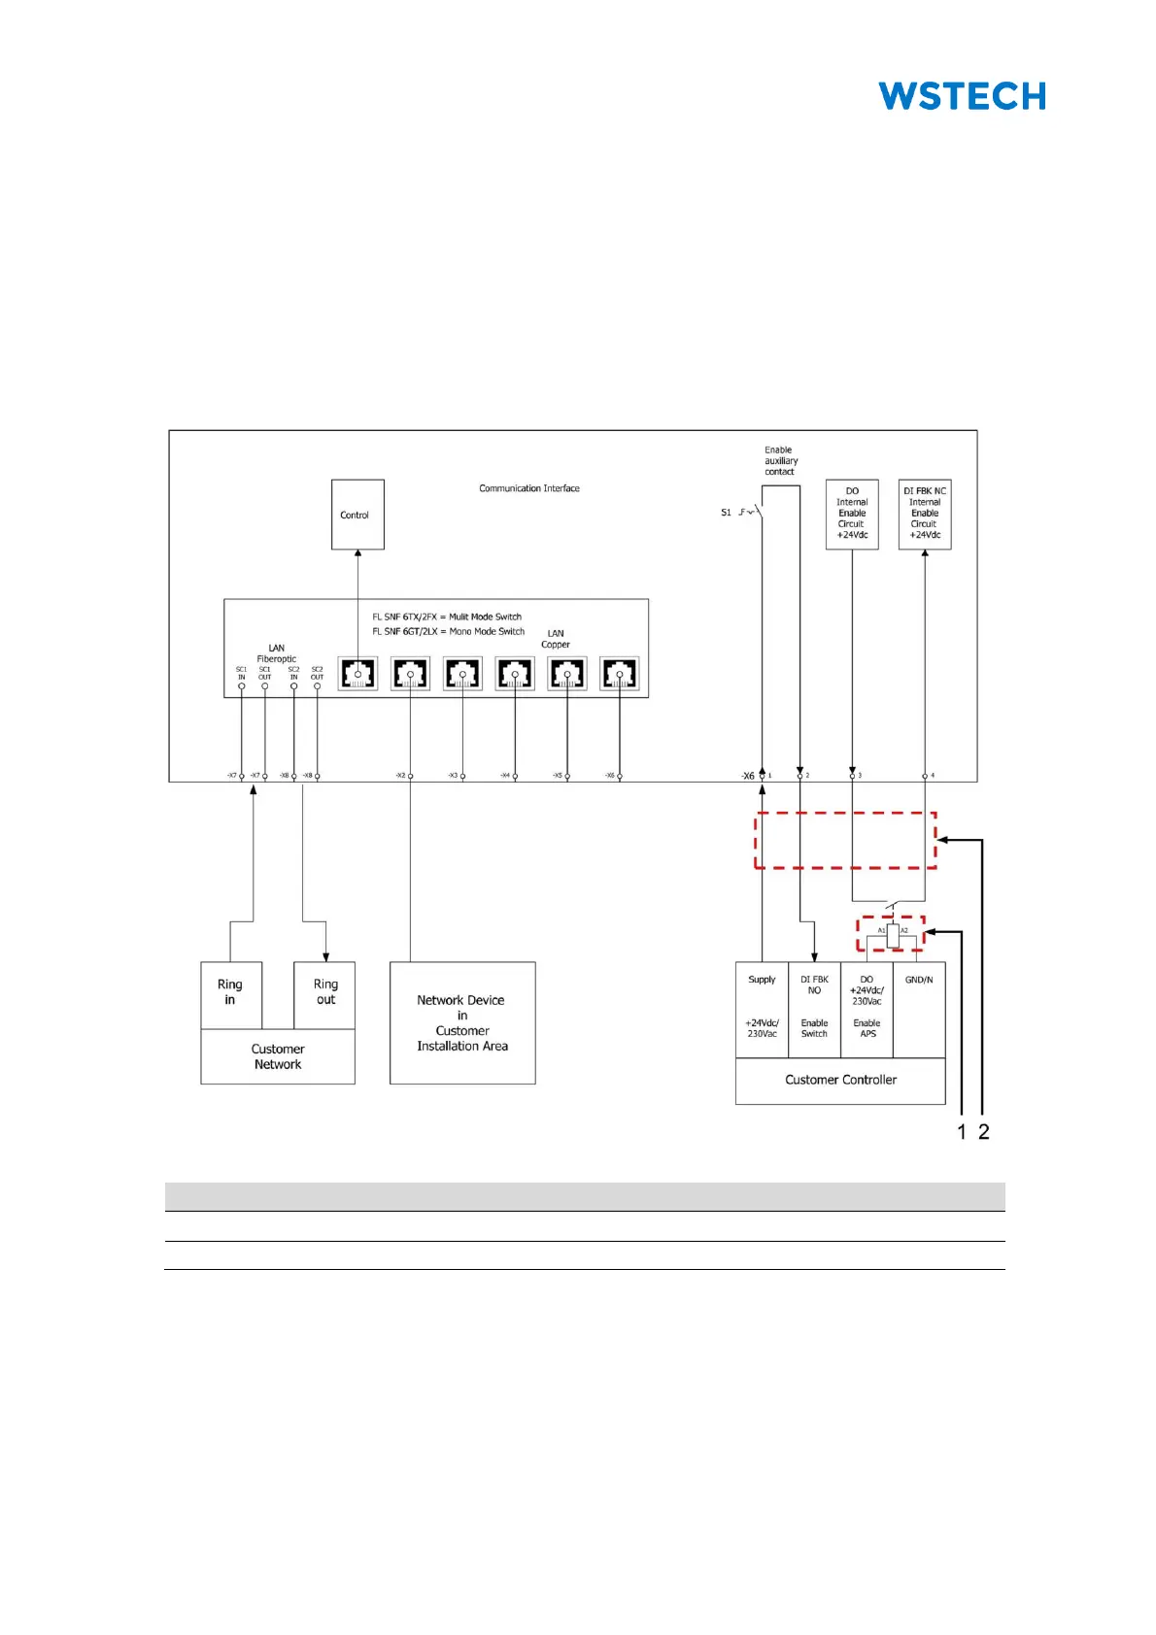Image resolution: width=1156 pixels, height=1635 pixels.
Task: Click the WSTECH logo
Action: click(x=962, y=96)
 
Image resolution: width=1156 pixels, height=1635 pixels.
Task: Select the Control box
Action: click(x=357, y=515)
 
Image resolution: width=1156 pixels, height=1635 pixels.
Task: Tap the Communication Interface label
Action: click(x=528, y=488)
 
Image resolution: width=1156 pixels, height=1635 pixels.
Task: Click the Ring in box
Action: click(x=230, y=993)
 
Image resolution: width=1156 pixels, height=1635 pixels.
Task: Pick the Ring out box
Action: click(x=325, y=993)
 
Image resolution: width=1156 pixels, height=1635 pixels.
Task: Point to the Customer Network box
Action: click(x=278, y=1056)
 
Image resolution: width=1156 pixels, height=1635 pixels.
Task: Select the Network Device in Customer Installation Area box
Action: click(x=462, y=1022)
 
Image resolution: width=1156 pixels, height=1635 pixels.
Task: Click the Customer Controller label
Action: click(x=840, y=1080)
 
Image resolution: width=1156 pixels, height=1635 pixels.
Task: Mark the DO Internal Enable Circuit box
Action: click(x=852, y=514)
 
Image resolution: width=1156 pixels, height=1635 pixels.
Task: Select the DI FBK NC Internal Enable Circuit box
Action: click(x=925, y=514)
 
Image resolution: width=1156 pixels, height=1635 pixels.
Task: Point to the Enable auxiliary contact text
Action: click(x=780, y=461)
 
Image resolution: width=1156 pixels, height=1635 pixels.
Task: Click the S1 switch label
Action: click(x=726, y=513)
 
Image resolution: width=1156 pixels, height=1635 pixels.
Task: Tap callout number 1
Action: click(x=962, y=1132)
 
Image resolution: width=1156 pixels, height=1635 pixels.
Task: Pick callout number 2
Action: click(x=984, y=1132)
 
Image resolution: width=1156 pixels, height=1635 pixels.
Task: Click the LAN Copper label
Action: click(x=556, y=639)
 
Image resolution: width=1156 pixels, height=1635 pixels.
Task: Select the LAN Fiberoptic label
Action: click(x=277, y=653)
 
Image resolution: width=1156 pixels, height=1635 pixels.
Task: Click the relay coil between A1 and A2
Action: click(x=893, y=935)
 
